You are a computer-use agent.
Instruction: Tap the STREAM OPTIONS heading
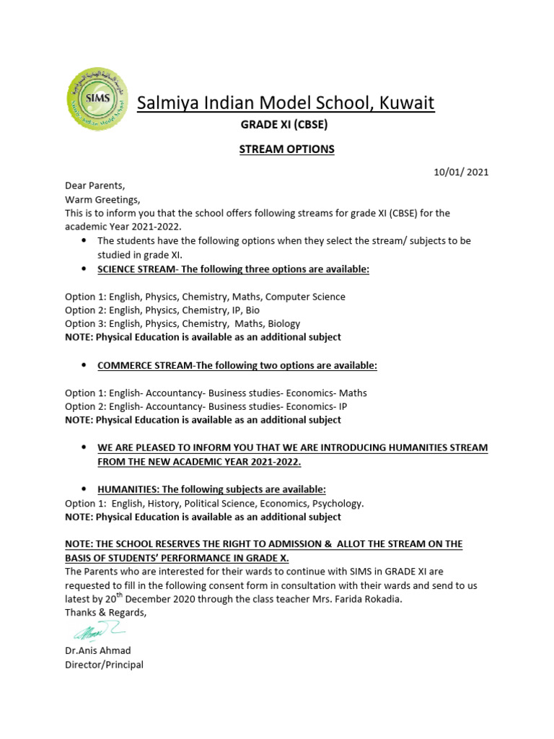coord(277,149)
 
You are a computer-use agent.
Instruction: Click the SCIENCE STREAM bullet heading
coord(233,269)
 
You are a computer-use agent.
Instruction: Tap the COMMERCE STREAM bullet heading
coord(237,366)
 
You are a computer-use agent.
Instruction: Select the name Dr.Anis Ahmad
coord(98,651)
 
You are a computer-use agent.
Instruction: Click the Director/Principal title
coord(104,665)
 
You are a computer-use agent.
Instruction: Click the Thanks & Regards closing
coord(105,613)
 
